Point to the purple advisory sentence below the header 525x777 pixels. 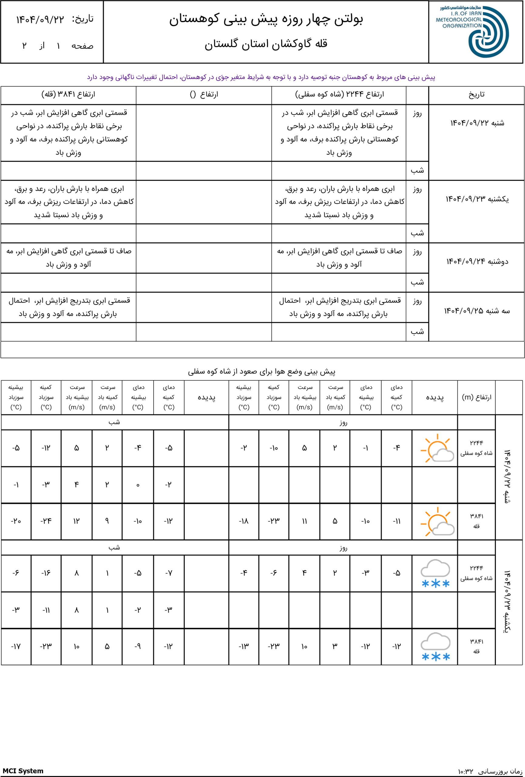pyautogui.click(x=261, y=77)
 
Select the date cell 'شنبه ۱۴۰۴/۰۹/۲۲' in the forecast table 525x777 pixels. pyautogui.click(x=477, y=123)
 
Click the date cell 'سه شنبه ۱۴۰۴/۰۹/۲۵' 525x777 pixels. pyautogui.click(x=477, y=311)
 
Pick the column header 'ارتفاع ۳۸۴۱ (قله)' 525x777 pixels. pyautogui.click(x=68, y=95)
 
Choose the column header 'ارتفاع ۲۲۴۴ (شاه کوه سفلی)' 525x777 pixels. pyautogui.click(x=339, y=95)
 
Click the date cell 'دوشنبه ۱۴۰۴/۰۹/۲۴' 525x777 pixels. pyautogui.click(x=477, y=261)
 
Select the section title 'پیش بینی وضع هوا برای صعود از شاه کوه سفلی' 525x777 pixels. pyautogui.click(x=261, y=372)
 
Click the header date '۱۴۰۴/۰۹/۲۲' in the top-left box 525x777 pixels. pyautogui.click(x=40, y=20)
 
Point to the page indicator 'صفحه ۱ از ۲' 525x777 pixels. pyautogui.click(x=57, y=46)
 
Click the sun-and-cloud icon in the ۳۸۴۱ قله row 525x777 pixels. pyautogui.click(x=436, y=521)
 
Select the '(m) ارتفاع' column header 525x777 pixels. pyautogui.click(x=476, y=397)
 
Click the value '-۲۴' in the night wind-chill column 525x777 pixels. pyautogui.click(x=46, y=521)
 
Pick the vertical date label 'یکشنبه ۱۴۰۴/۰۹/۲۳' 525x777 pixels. pyautogui.click(x=507, y=601)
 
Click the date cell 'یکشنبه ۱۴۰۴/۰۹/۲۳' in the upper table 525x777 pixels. pyautogui.click(x=477, y=199)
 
